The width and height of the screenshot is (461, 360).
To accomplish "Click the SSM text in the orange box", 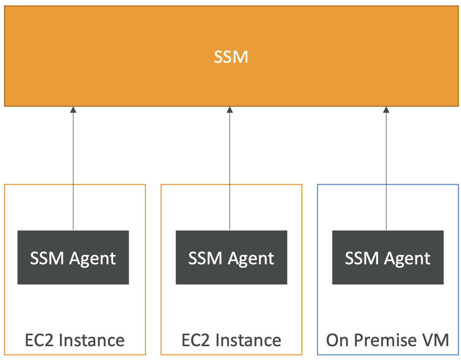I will tap(230, 57).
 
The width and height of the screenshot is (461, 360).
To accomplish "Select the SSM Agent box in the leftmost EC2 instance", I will tap(73, 257).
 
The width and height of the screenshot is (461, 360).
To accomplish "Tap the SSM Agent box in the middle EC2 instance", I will tap(231, 257).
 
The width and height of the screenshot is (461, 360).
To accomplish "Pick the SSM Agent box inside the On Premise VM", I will tap(388, 257).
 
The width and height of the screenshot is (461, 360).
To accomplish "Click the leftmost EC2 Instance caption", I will tap(75, 340).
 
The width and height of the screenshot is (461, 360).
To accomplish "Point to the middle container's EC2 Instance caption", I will tap(231, 340).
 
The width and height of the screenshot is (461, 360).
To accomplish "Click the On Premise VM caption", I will tap(388, 340).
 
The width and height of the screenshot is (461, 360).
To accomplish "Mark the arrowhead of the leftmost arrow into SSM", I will tap(73, 109).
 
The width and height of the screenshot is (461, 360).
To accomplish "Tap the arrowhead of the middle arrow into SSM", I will tap(230, 109).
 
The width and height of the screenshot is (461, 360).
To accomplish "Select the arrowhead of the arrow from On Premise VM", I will tap(386, 109).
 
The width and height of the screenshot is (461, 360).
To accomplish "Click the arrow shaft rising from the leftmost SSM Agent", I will tap(73, 170).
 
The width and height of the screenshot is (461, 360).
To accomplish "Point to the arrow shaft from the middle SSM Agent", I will tap(230, 170).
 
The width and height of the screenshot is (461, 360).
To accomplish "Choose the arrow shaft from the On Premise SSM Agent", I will tap(386, 170).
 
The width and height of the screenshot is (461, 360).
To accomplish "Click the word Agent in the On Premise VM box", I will tap(407, 259).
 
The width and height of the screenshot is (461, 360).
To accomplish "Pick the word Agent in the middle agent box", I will tap(251, 259).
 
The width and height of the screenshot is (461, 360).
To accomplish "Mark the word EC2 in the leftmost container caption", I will tap(39, 340).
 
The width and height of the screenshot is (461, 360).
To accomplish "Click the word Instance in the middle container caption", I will tap(249, 340).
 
